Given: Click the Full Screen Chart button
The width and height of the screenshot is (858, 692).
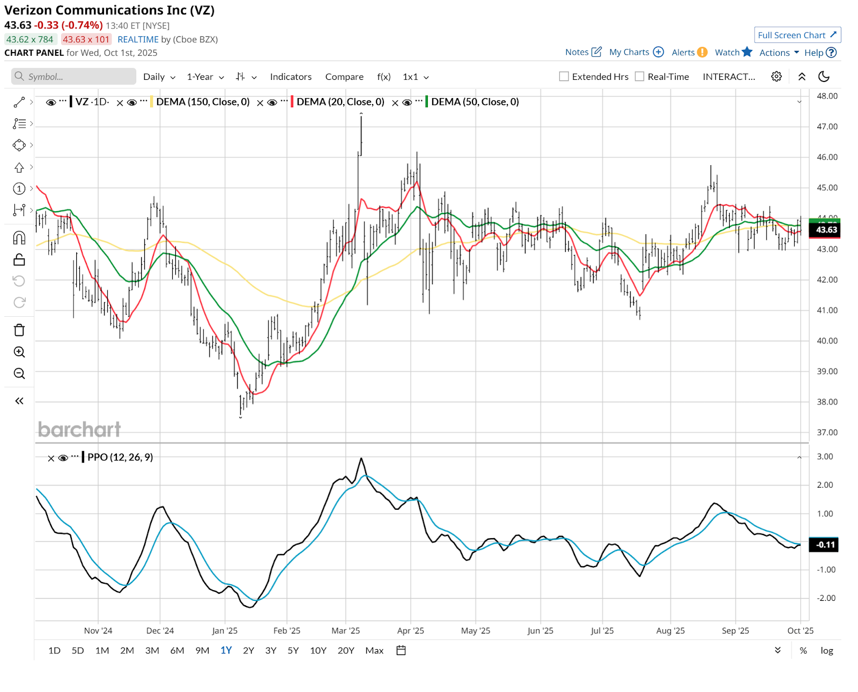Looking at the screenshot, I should [x=797, y=35].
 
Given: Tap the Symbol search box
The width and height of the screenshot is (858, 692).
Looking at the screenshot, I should [x=73, y=77].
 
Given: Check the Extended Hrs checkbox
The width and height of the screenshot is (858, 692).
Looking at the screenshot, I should [x=564, y=77].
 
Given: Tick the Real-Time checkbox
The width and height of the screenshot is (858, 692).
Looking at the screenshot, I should [x=639, y=77].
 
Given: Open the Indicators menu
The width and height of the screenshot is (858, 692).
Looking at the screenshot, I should [x=291, y=77].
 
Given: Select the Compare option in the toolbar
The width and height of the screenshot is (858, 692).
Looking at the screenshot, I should [x=344, y=77].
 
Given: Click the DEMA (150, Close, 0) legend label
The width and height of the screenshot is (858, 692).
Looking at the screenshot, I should [x=203, y=102].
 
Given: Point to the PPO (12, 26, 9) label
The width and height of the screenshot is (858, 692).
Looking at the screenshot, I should [x=120, y=457].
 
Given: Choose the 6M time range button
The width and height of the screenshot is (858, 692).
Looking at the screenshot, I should [x=177, y=651].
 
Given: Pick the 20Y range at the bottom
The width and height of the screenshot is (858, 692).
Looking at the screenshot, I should [x=346, y=651].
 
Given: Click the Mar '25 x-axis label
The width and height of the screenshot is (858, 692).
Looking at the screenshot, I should [x=346, y=631].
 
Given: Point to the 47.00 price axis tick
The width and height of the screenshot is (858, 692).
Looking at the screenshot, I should [x=827, y=127].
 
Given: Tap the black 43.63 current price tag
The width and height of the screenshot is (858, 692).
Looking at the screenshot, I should [x=826, y=230].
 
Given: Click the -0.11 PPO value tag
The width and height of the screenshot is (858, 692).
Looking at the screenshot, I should [x=825, y=545].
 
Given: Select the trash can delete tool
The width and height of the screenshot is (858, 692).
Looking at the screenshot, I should [x=19, y=330].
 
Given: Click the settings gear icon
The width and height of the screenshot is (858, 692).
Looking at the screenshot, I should [x=776, y=77].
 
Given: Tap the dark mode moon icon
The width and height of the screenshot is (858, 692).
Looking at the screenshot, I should [x=824, y=77].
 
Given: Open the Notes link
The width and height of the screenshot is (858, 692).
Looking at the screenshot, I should [x=583, y=53].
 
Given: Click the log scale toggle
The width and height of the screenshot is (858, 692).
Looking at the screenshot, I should [x=826, y=651].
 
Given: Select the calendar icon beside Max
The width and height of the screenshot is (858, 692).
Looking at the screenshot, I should [x=401, y=651].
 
